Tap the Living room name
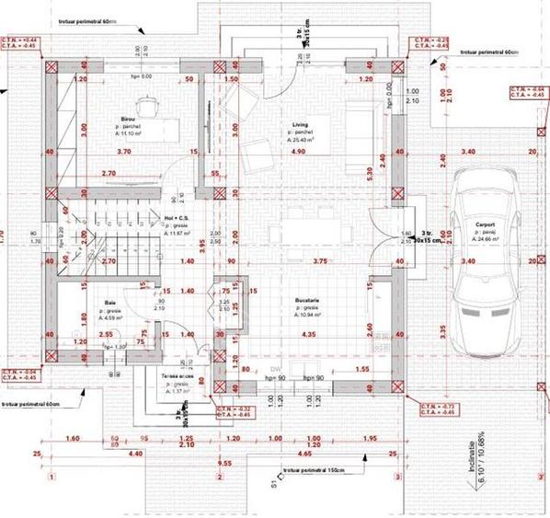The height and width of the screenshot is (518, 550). [300, 123]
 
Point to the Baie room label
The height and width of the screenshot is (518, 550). [110, 303]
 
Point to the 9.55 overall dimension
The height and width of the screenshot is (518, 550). [224, 465]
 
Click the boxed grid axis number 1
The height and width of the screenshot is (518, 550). [53, 477]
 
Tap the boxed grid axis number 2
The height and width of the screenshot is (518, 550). [219, 477]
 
